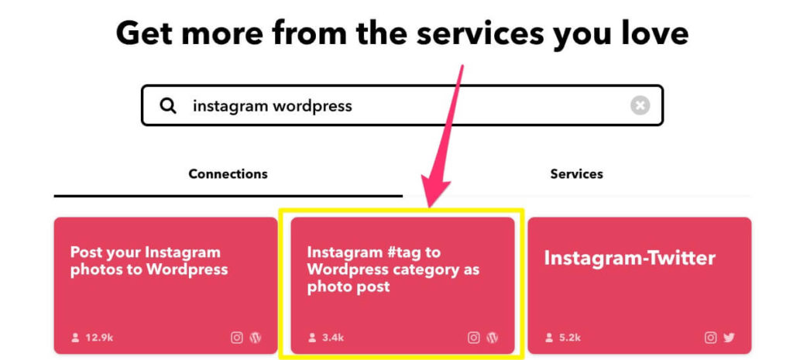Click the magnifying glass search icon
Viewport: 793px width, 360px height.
coord(168,105)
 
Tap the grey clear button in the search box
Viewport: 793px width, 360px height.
coord(640,105)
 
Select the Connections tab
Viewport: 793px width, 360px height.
coord(228,174)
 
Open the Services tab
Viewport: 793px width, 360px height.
coord(576,174)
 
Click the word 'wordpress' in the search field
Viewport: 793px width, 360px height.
coord(313,106)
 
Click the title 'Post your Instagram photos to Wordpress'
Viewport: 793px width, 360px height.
coord(149,261)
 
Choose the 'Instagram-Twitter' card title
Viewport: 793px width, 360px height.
coord(630,259)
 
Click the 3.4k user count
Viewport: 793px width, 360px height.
coord(332,338)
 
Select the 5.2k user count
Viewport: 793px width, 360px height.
coord(569,338)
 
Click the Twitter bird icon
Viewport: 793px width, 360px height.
coord(729,338)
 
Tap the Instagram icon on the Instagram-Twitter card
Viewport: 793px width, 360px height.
coord(711,338)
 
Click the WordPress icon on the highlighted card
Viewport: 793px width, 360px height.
coord(492,338)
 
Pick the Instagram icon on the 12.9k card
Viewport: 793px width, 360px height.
coord(237,338)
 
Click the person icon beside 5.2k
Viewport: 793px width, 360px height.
coord(549,338)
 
